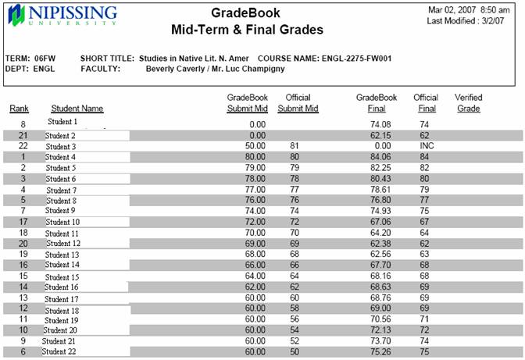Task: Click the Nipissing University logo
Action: (x=62, y=16)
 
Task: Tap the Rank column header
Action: (x=20, y=109)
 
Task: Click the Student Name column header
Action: (x=77, y=109)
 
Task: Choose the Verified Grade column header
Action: (x=468, y=103)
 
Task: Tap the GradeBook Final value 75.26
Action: (x=380, y=352)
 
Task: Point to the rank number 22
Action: (x=23, y=146)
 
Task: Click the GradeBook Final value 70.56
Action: (x=380, y=319)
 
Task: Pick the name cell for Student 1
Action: (x=62, y=123)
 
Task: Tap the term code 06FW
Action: (x=44, y=58)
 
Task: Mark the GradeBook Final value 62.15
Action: (x=380, y=135)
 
